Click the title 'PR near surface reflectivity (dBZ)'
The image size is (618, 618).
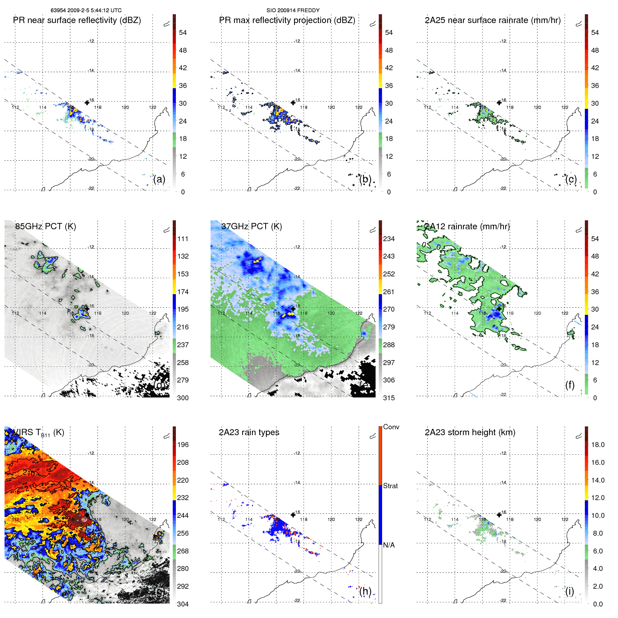click(x=77, y=20)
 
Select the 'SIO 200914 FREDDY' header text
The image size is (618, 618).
click(x=293, y=10)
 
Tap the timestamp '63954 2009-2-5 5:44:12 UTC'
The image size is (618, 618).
click(x=86, y=10)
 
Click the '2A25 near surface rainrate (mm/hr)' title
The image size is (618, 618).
click(x=492, y=20)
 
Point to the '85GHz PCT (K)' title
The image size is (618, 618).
click(x=45, y=226)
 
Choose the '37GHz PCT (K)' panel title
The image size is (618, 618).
click(x=251, y=226)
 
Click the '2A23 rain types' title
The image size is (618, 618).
click(x=249, y=432)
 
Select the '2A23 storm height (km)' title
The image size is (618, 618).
click(x=470, y=432)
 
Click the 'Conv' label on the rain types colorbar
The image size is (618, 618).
click(x=391, y=427)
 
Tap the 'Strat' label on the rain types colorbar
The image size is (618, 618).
click(x=390, y=486)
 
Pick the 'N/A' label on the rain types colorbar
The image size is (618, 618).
click(x=389, y=545)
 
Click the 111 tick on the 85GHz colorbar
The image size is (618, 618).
click(x=183, y=239)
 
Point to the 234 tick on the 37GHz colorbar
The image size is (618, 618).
click(x=389, y=239)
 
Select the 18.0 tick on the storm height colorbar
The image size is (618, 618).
click(x=597, y=445)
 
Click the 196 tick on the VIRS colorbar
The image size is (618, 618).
click(x=183, y=445)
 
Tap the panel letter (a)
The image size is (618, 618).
click(x=159, y=179)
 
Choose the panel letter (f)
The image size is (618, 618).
click(x=570, y=385)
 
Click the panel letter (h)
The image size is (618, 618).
click(x=365, y=591)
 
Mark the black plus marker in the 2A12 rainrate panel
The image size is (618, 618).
click(x=499, y=309)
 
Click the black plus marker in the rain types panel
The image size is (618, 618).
click(x=293, y=515)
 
